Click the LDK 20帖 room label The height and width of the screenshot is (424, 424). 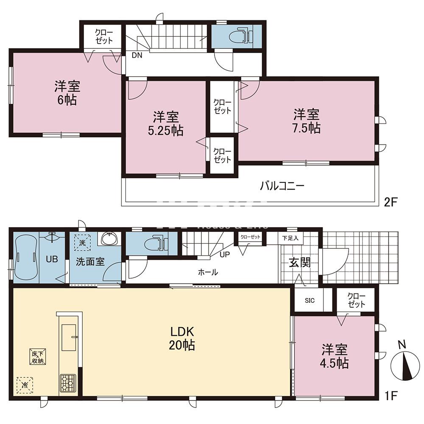183,338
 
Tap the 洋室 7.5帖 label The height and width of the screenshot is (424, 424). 306,121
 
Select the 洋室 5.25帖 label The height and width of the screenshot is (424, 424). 165,123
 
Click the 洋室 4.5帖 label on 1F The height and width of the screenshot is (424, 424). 335,356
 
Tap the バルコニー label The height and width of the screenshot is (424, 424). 282,186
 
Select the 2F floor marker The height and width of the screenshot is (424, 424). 391,202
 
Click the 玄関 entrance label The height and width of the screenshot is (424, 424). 300,263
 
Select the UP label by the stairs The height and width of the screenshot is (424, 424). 225,254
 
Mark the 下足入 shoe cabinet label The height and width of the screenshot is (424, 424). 291,238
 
